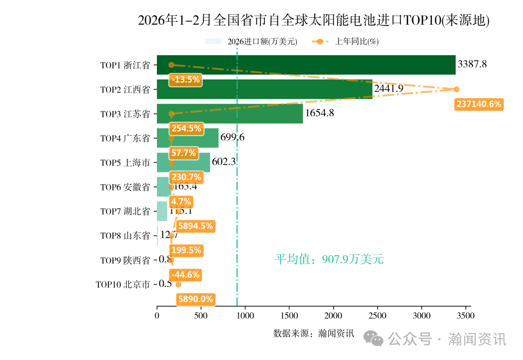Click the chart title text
tap(313, 20)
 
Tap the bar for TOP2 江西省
tap(264, 89)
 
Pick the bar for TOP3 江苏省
tap(230, 114)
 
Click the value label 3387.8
tap(472, 64)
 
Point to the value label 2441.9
tap(388, 89)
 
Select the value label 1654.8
tap(319, 113)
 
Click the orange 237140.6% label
tap(478, 104)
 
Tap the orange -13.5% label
tap(186, 80)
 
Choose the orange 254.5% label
tap(186, 129)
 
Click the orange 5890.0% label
tap(196, 299)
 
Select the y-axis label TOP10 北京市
tap(123, 285)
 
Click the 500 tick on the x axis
tap(201, 316)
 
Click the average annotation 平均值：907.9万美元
tap(329, 260)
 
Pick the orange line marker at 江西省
tap(456, 89)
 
